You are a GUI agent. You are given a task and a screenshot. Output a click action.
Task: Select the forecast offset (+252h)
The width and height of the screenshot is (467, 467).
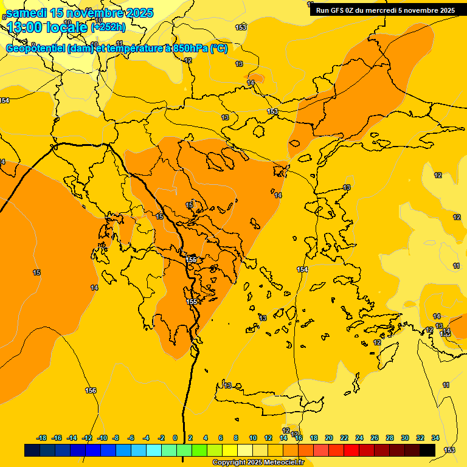(x=108, y=27)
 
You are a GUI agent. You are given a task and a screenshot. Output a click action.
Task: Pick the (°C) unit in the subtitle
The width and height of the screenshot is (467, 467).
(x=219, y=49)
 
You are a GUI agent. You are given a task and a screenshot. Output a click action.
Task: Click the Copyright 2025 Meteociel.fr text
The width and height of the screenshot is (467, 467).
(x=258, y=463)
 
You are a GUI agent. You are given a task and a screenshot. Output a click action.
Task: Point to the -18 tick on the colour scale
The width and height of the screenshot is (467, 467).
(x=41, y=438)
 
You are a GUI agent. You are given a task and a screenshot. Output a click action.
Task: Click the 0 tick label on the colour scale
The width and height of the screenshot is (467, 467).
(x=175, y=438)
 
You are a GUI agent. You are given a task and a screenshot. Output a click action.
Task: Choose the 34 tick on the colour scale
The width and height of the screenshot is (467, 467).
(x=435, y=438)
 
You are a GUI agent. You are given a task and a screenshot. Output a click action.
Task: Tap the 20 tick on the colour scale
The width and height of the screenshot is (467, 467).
(x=329, y=438)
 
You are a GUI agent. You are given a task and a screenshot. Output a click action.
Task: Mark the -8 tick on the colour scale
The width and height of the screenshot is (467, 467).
(x=116, y=438)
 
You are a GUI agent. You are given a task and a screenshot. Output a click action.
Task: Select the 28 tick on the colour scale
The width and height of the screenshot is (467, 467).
(x=390, y=438)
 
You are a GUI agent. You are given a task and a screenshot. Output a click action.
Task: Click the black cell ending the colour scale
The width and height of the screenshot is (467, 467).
(x=427, y=450)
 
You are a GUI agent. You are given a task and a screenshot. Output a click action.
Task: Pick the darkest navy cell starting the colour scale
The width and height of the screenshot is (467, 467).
(x=32, y=450)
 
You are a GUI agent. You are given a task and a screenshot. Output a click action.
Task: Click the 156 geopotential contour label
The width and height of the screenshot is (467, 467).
(x=91, y=390)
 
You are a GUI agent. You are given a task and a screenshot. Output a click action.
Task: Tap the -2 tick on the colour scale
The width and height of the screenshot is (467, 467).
(x=161, y=438)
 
